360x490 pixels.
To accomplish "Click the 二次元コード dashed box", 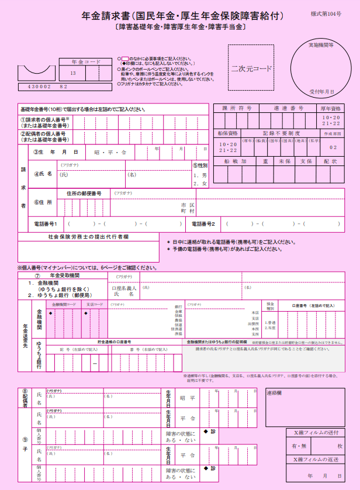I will tap(251, 68).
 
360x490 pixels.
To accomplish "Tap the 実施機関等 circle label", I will tap(321, 45).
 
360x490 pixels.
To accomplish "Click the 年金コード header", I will tap(81, 61).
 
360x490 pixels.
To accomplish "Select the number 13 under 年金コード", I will tap(73, 73).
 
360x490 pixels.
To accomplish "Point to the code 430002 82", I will tap(44, 86).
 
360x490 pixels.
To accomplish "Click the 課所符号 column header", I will tap(237, 108).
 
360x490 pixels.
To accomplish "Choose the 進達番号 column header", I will tap(288, 108).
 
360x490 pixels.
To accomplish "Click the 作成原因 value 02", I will tap(333, 147).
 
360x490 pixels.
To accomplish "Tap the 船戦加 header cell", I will tap(236, 161).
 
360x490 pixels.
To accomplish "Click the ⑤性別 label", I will tap(200, 165).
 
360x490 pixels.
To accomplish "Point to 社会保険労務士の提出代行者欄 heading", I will tap(88, 237).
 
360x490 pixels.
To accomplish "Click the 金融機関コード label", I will tap(64, 305).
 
